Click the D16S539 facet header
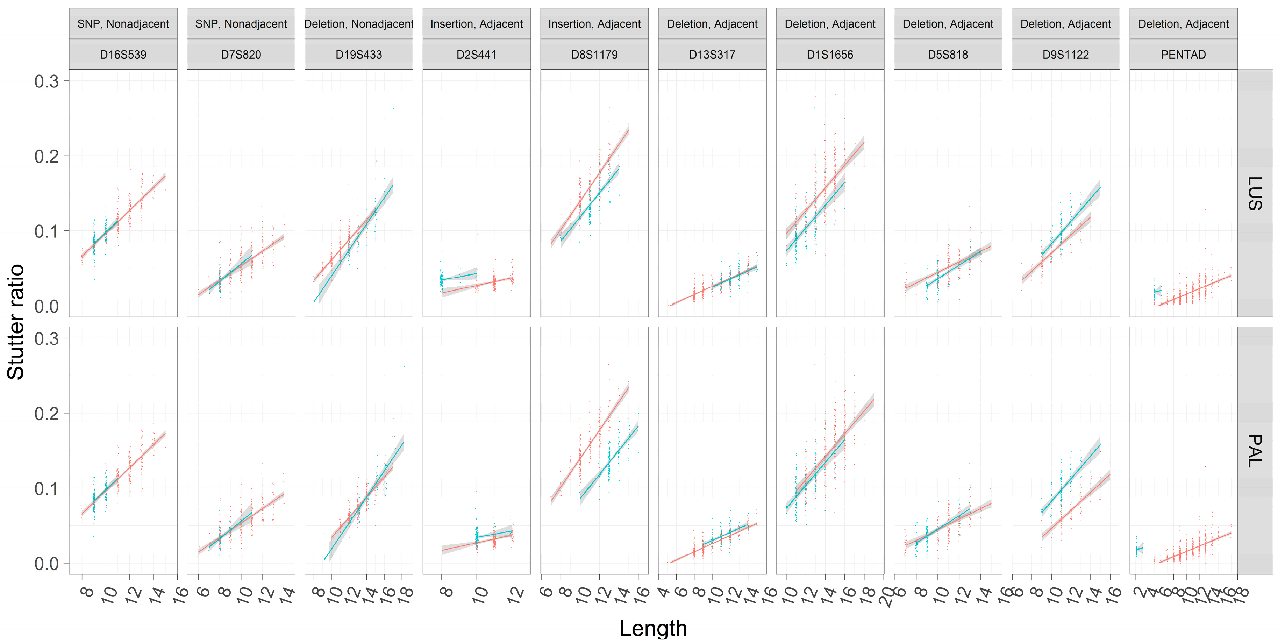coord(123,55)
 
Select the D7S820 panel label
coord(241,55)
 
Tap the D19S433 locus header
coord(359,55)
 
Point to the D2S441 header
coord(476,55)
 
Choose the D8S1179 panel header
coord(594,55)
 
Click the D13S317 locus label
coord(712,55)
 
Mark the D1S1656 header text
coord(829,55)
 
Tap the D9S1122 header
coord(1065,55)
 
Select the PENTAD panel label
coord(1183,55)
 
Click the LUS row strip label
coord(1255,193)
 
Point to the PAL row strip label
coord(1255,450)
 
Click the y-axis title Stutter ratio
coord(16,322)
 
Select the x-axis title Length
coord(653,628)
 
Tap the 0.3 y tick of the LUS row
coord(47,81)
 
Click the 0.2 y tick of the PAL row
coord(47,414)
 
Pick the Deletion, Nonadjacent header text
coord(359,24)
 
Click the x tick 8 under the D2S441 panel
coord(445,592)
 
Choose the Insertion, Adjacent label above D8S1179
coord(594,24)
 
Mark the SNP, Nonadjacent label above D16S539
coord(123,24)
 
